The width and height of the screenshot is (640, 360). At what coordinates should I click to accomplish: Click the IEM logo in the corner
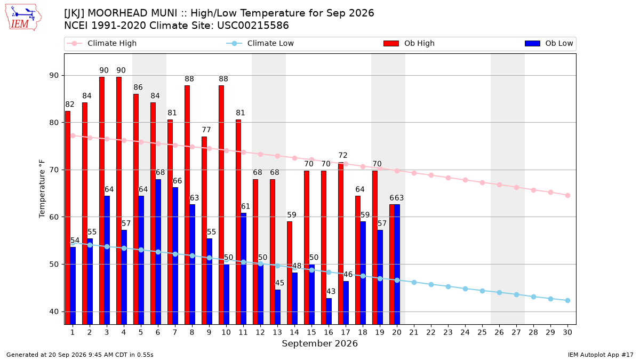[x=23, y=18]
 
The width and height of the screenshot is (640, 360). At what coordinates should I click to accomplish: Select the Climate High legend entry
[x=101, y=43]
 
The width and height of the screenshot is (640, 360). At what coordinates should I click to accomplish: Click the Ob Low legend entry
[x=549, y=43]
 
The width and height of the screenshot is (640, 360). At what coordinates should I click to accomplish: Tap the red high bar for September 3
[x=102, y=201]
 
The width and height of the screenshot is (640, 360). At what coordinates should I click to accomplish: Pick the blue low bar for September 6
[x=158, y=252]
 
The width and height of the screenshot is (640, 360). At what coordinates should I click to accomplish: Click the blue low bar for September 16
[x=329, y=311]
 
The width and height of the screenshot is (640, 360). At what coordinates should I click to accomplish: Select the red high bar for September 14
[x=290, y=273]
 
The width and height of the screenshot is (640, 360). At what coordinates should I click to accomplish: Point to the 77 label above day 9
[x=206, y=130]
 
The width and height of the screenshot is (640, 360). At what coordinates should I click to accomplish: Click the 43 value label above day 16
[x=331, y=291]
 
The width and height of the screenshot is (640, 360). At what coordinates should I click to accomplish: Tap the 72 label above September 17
[x=343, y=155]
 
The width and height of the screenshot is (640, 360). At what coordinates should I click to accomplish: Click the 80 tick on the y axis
[x=54, y=123]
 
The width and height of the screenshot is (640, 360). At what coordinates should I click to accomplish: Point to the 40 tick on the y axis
[x=54, y=311]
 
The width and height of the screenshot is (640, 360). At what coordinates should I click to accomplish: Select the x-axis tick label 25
[x=482, y=333]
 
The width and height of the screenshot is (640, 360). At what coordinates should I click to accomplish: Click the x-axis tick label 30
[x=567, y=333]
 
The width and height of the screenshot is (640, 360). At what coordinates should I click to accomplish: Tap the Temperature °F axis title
[x=42, y=189]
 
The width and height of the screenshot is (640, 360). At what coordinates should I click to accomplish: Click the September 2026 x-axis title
[x=319, y=343]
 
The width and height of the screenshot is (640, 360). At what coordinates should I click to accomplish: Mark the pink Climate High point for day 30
[x=567, y=195]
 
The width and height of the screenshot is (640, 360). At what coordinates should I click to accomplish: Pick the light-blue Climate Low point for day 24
[x=465, y=289]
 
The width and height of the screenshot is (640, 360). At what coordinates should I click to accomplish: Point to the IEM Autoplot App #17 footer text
[x=601, y=355]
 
